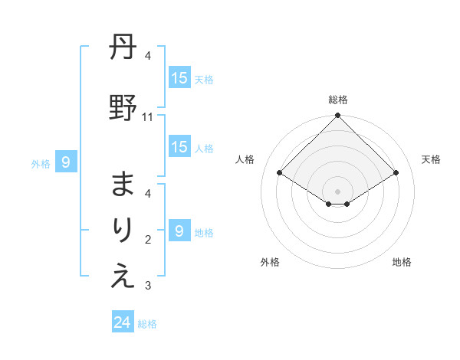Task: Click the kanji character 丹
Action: point(123,48)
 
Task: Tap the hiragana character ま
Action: point(123,185)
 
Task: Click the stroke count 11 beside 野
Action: point(148,117)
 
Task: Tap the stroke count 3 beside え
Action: point(148,286)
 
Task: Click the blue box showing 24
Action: point(123,322)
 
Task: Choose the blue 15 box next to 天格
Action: point(179,78)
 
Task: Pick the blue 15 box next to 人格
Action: point(179,147)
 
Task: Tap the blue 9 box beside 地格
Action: point(179,231)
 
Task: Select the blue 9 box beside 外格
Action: point(66,162)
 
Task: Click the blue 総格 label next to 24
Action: point(147,324)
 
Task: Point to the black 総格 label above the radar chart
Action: point(337,100)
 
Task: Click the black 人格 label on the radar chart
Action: point(245,159)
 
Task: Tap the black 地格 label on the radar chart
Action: point(402,262)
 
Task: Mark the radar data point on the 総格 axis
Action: point(337,116)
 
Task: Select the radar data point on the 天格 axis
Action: point(396,173)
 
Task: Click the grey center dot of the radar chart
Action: point(337,191)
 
